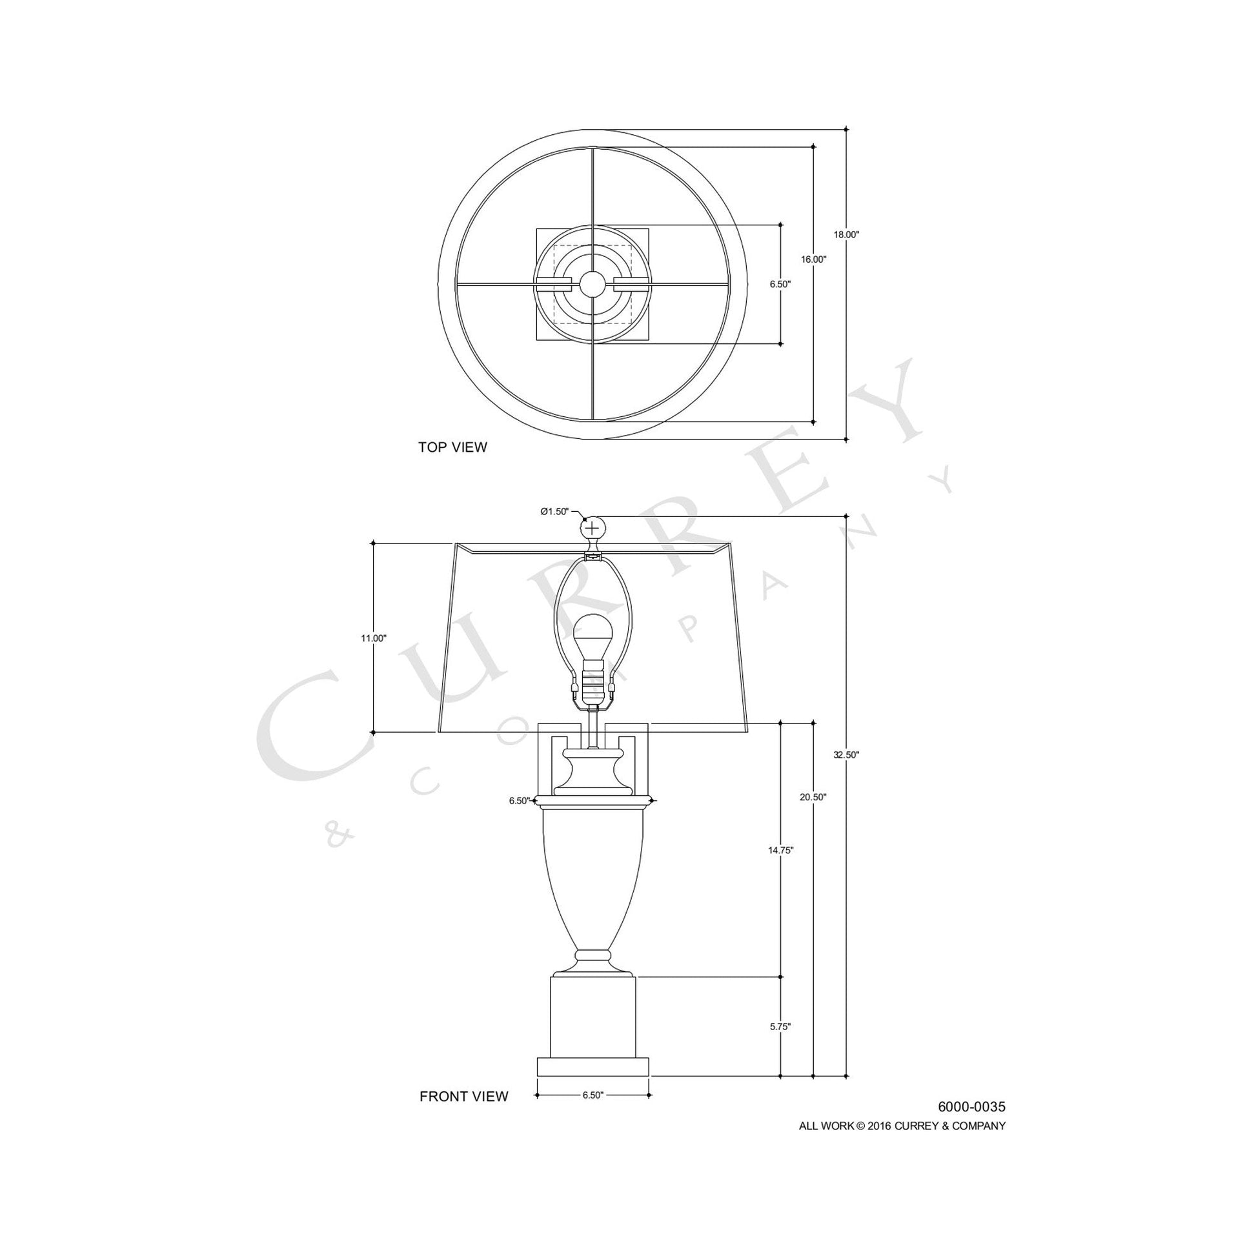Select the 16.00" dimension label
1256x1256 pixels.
click(x=813, y=259)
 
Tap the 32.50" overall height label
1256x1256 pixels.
click(x=846, y=755)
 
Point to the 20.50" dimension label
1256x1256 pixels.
click(x=813, y=797)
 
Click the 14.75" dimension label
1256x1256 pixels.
click(x=780, y=850)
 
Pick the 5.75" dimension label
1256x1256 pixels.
click(x=780, y=1045)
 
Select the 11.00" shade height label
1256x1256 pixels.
click(x=374, y=638)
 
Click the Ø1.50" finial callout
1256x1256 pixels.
click(x=554, y=512)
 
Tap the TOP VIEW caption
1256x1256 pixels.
click(x=452, y=447)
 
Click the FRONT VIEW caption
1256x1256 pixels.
click(x=463, y=1097)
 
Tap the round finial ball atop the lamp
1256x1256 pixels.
click(x=593, y=527)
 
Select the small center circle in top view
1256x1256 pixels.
click(x=593, y=283)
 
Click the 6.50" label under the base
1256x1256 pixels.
click(x=593, y=1095)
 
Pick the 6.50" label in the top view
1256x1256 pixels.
click(x=780, y=284)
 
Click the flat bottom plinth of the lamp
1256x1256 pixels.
click(x=593, y=1067)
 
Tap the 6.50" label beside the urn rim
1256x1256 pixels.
click(x=520, y=801)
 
